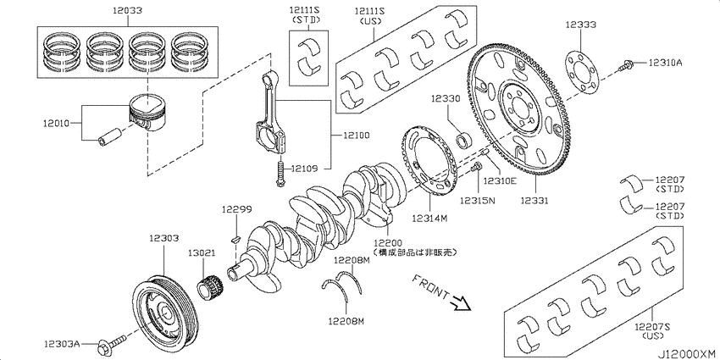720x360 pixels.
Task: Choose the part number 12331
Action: click(x=535, y=201)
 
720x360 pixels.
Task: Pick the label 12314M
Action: click(x=431, y=218)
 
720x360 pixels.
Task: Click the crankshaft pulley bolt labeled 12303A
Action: click(x=111, y=343)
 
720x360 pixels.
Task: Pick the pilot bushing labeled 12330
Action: click(x=465, y=139)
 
